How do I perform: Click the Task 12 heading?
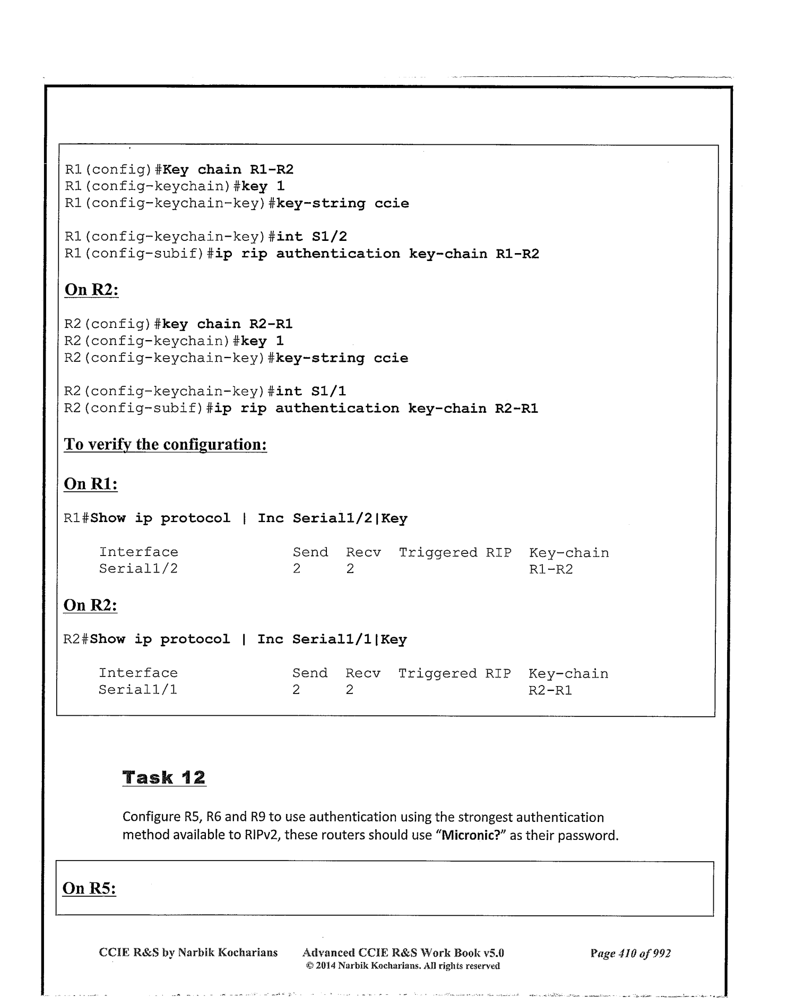[163, 777]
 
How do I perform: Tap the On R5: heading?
[89, 888]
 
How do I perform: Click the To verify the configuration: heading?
[165, 444]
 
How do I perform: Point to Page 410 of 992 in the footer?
[630, 953]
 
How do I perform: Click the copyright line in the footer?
[403, 966]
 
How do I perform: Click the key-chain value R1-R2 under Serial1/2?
[551, 569]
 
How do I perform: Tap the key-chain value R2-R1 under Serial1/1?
[550, 690]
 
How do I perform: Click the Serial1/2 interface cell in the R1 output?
[139, 569]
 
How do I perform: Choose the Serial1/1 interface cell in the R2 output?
[138, 690]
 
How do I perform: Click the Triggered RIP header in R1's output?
[455, 553]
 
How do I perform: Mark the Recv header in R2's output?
[363, 673]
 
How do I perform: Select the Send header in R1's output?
[310, 553]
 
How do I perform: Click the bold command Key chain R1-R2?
[228, 170]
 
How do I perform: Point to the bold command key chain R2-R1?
[227, 324]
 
